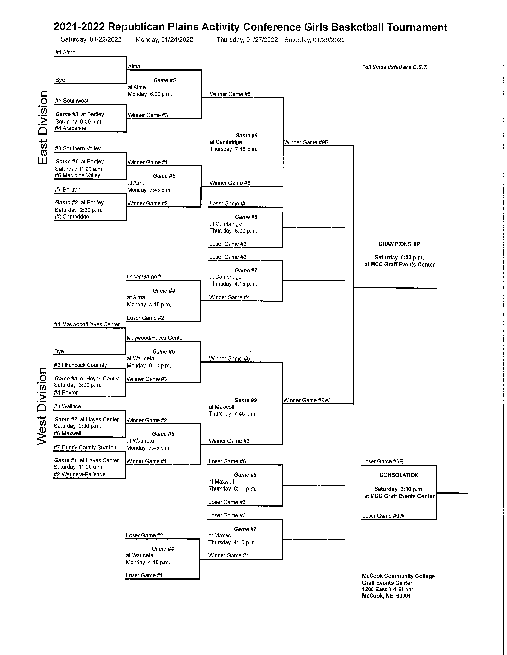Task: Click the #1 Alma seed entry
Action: click(x=65, y=52)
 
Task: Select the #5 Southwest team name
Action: click(x=72, y=101)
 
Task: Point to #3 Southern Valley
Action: click(x=78, y=148)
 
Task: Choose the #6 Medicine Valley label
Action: click(x=77, y=175)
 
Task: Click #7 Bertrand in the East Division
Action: click(x=69, y=190)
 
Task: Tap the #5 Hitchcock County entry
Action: click(x=80, y=365)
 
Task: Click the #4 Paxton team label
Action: click(x=66, y=393)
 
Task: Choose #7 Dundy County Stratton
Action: click(x=85, y=447)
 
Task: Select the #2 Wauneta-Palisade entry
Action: click(x=79, y=474)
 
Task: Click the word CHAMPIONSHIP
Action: click(x=399, y=244)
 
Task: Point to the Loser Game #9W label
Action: click(x=383, y=516)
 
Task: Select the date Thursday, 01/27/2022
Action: click(x=247, y=40)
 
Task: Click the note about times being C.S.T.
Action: click(x=395, y=67)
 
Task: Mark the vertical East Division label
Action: click(x=43, y=127)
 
